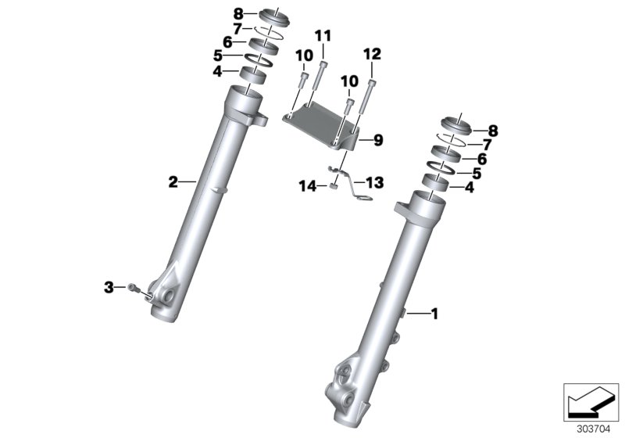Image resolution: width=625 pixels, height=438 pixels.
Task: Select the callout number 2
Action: point(173,182)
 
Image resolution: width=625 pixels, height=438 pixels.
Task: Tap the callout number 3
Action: point(109,287)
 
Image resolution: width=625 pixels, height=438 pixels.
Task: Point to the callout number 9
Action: point(377,141)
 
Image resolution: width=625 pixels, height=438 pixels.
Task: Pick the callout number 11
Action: point(323,35)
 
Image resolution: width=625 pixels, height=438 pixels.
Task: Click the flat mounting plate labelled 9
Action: point(320,124)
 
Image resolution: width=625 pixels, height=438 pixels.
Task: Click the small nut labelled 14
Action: point(332,185)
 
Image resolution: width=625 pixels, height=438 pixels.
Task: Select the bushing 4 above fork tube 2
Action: point(252,74)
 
